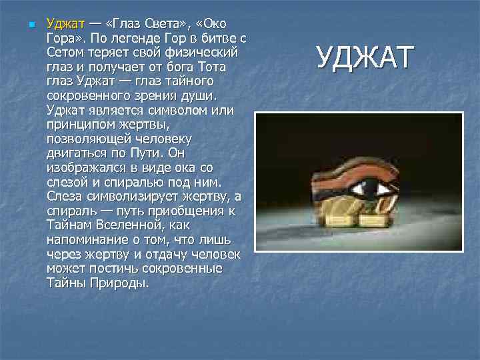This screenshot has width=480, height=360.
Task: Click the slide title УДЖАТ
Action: (x=365, y=57)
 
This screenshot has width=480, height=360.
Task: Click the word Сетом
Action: (x=65, y=53)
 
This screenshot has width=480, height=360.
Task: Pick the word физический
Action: (x=203, y=53)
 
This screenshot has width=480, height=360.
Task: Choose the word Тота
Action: (x=212, y=67)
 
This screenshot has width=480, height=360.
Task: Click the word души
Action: (x=207, y=96)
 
